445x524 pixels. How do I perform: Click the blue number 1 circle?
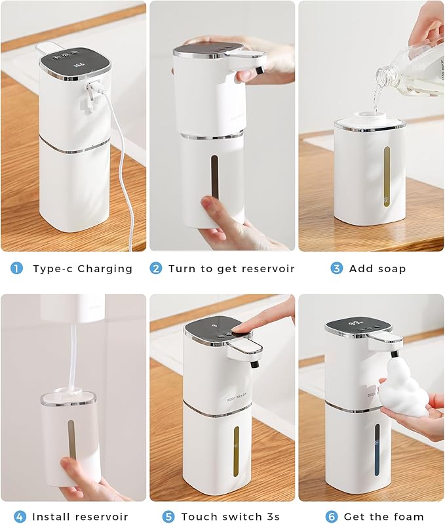[x=17, y=268]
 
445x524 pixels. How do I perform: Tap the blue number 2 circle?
[x=156, y=268]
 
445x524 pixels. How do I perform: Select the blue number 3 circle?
[x=336, y=268]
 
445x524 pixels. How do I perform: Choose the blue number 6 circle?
[x=332, y=517]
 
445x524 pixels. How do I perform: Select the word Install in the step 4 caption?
[x=54, y=517]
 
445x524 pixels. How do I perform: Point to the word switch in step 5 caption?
[x=239, y=517]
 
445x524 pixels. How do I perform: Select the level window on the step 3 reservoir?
[x=386, y=174]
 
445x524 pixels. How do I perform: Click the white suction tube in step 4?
[x=72, y=357]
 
